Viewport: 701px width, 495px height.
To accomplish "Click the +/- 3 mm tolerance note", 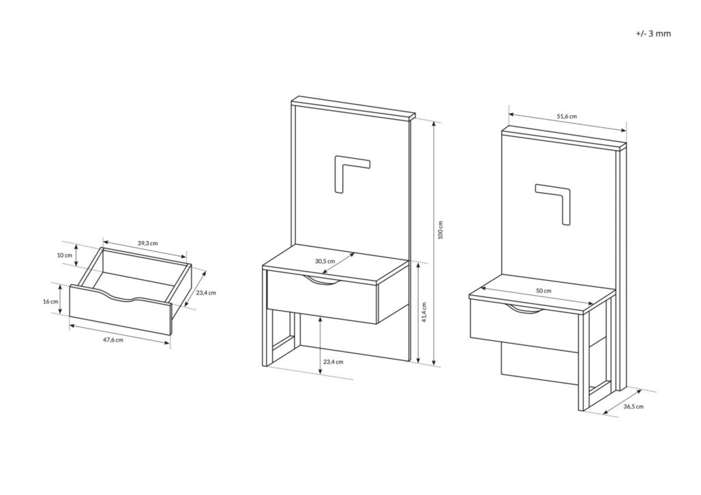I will pyautogui.click(x=653, y=33).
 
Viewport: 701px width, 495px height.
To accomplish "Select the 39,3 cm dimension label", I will pyautogui.click(x=147, y=243).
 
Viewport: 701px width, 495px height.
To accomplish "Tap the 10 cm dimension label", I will pyautogui.click(x=64, y=255).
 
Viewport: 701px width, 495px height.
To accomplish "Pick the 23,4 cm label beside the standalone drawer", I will pyautogui.click(x=205, y=292).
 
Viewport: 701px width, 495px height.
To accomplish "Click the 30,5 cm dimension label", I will pyautogui.click(x=325, y=261).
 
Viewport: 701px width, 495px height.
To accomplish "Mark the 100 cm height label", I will pyautogui.click(x=441, y=230).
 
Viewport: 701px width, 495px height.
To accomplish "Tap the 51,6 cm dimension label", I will pyautogui.click(x=566, y=116).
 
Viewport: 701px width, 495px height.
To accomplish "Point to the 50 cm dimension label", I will pyautogui.click(x=543, y=291).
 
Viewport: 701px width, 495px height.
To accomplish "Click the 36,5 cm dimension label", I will pyautogui.click(x=633, y=406).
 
